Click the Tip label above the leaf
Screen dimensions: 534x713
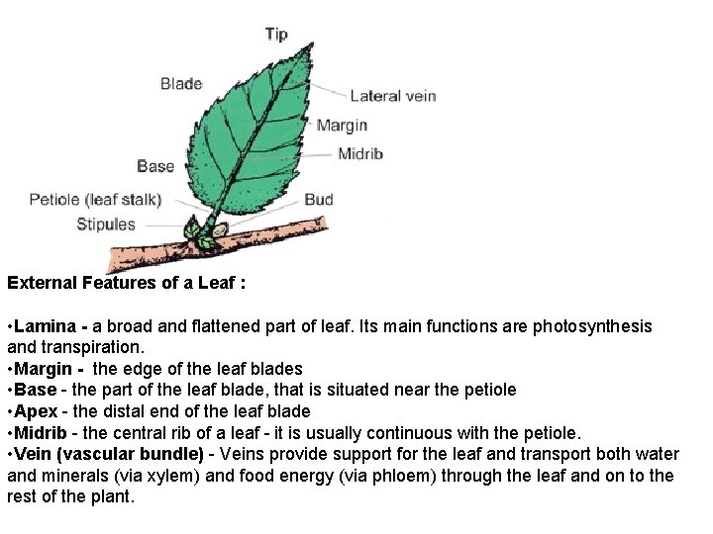click(x=276, y=35)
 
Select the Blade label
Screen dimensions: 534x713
click(x=181, y=84)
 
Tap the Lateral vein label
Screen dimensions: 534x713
click(x=393, y=96)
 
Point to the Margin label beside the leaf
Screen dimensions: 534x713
click(x=342, y=126)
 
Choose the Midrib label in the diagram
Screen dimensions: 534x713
click(x=359, y=153)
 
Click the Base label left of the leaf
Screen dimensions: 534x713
click(x=155, y=166)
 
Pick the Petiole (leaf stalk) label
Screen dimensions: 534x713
click(x=95, y=200)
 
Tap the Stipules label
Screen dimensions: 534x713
click(x=106, y=224)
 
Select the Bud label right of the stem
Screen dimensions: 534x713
click(x=319, y=200)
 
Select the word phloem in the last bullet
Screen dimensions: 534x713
click(x=408, y=476)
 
